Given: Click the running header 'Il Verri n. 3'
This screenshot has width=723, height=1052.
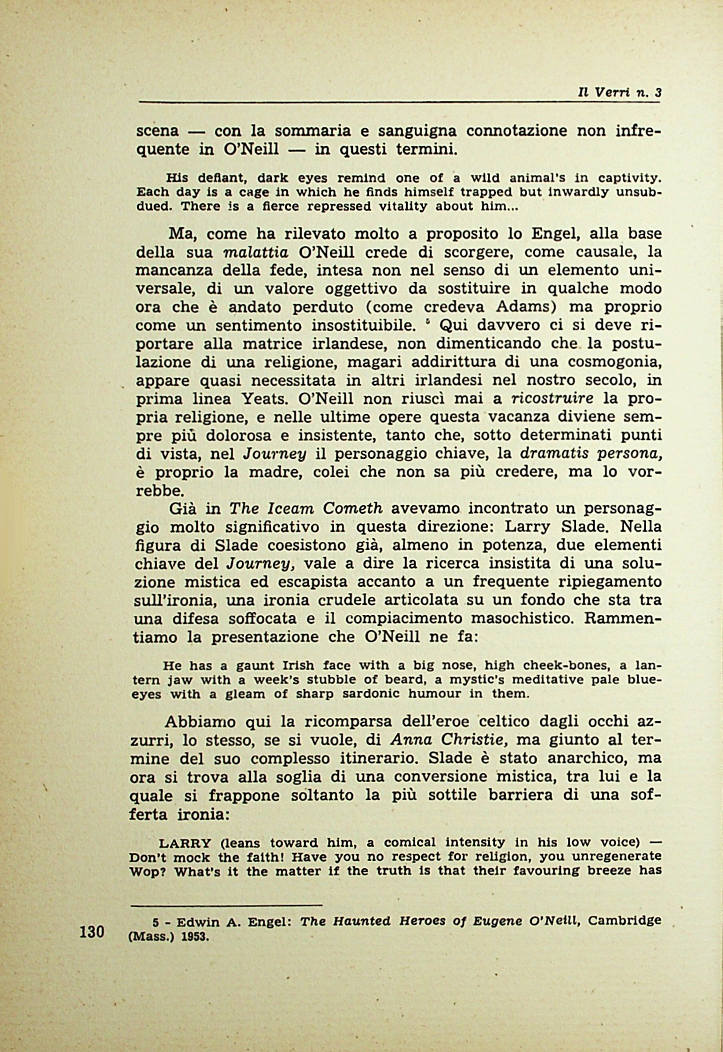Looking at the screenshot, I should pyautogui.click(x=619, y=93).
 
